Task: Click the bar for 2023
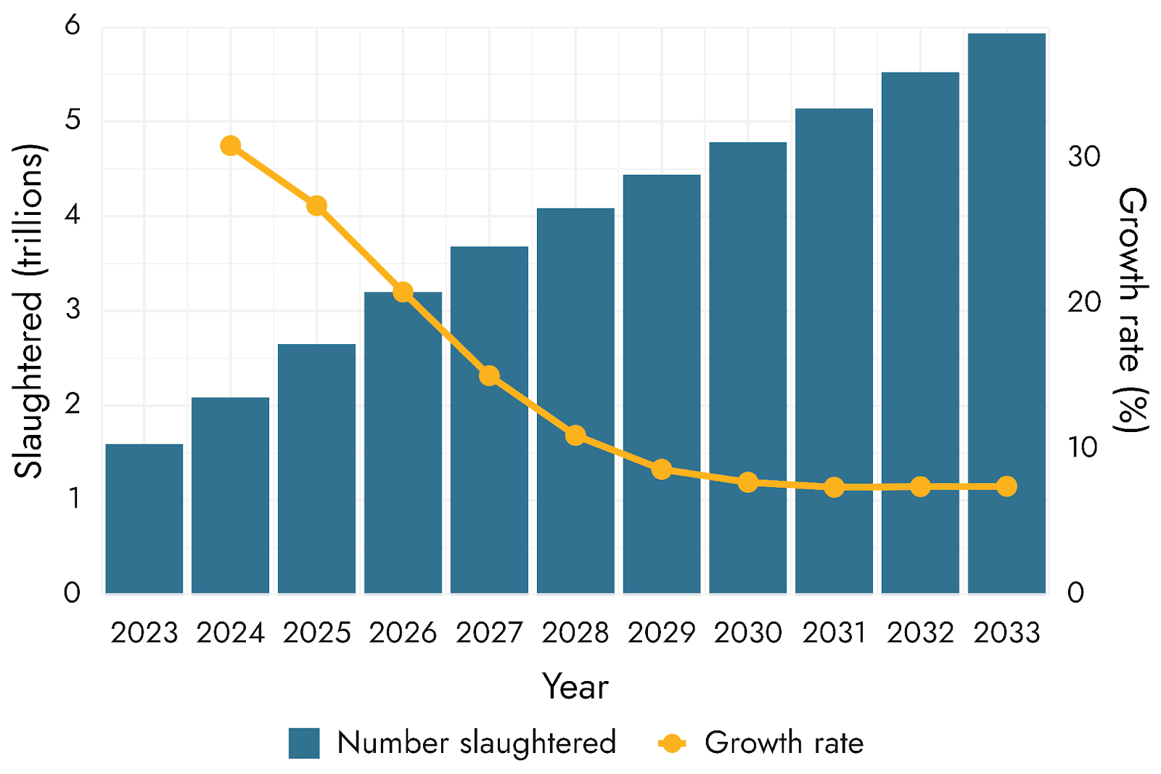144,518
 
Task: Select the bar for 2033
1006,314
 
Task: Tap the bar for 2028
575,401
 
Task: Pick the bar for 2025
316,468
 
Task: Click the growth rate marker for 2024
230,146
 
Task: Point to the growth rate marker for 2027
489,375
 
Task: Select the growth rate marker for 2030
748,482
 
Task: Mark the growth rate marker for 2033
1006,486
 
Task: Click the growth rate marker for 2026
403,293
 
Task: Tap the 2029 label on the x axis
661,633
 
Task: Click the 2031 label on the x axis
834,633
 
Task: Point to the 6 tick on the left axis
73,25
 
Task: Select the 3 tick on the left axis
73,309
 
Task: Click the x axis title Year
575,687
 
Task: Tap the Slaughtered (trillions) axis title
29,311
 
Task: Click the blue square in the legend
304,743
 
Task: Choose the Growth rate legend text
784,743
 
